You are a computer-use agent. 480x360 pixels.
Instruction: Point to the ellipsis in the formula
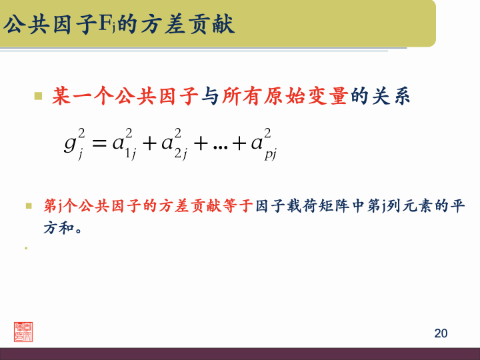click(219, 144)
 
